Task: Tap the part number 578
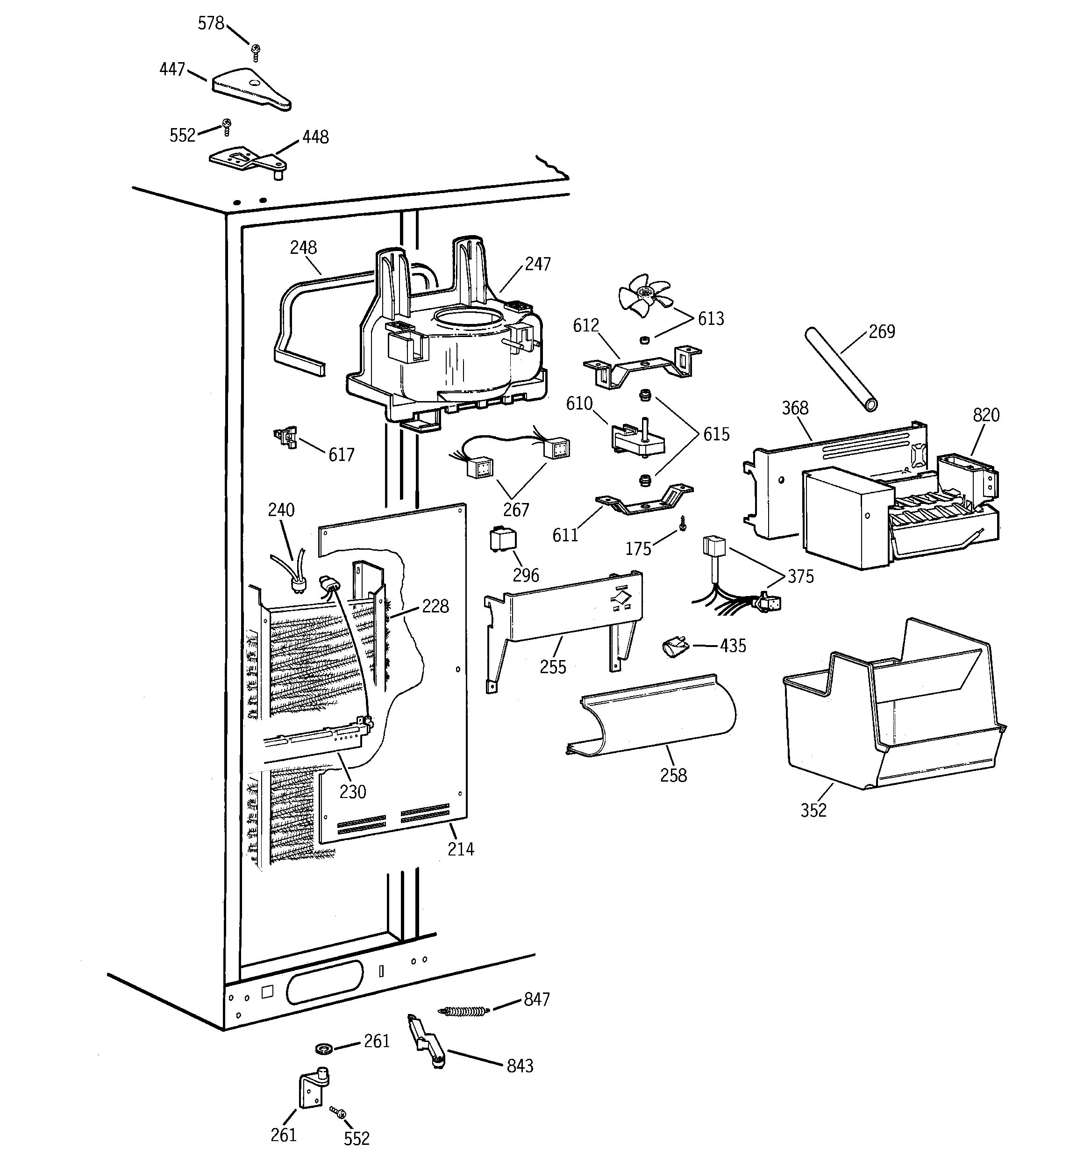[x=211, y=23]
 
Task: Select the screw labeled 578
[x=255, y=52]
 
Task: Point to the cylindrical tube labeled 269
[x=840, y=370]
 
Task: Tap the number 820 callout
[x=986, y=415]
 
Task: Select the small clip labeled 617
[x=285, y=437]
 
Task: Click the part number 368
[x=795, y=408]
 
